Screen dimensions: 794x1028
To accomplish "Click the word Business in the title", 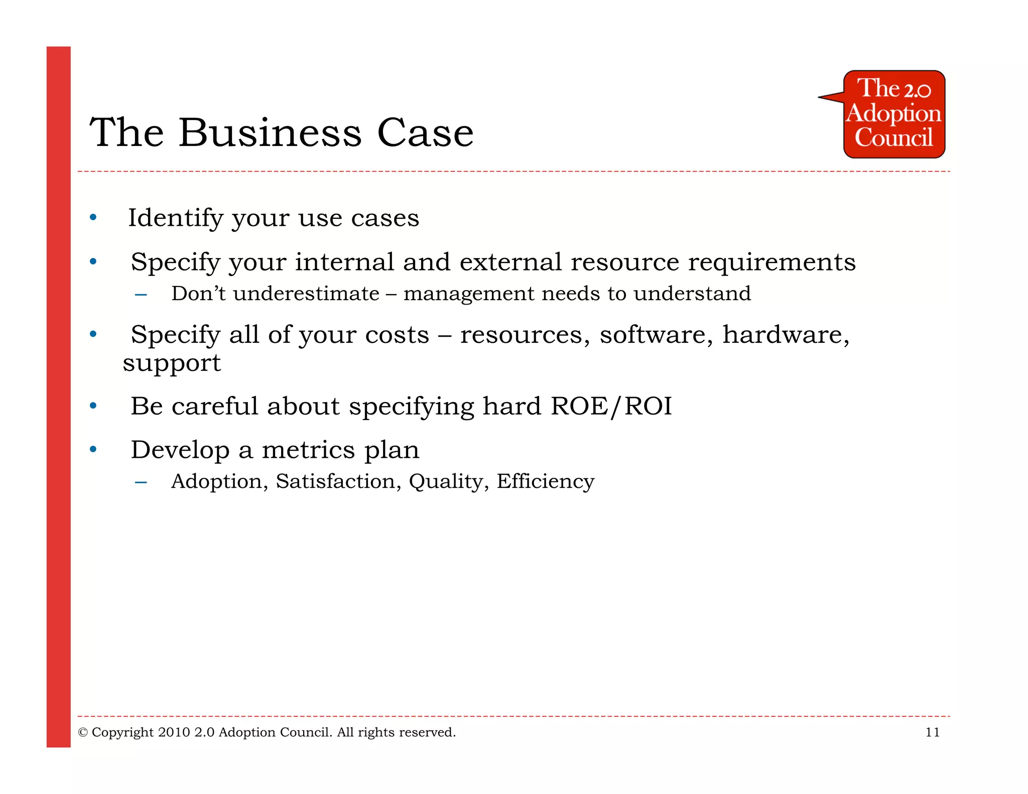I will click(x=270, y=133).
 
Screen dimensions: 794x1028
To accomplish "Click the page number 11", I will click(x=932, y=732).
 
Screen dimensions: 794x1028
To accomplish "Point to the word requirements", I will click(x=772, y=262).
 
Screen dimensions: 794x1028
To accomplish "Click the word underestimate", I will click(x=306, y=294).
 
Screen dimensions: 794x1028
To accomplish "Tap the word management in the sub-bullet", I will click(x=468, y=294).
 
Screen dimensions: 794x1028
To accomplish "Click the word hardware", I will click(x=786, y=335).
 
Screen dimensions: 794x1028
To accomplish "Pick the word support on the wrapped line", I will click(x=172, y=363).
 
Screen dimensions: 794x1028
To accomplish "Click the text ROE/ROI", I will click(x=611, y=406).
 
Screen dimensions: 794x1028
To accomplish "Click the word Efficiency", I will click(x=545, y=481).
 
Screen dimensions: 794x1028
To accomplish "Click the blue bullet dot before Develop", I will click(x=93, y=449).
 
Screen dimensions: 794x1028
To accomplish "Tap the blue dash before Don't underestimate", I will click(x=141, y=295).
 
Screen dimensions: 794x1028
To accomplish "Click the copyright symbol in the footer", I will click(x=83, y=733).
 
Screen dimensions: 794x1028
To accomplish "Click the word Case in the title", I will click(x=425, y=133).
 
